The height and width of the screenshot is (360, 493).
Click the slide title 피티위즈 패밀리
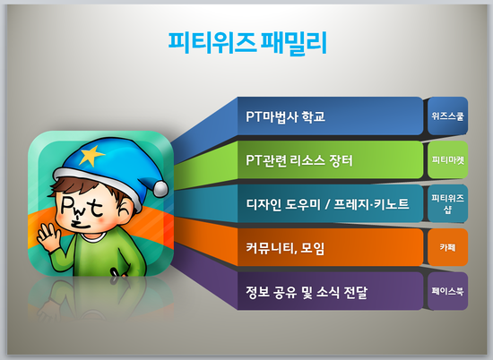pyautogui.click(x=247, y=43)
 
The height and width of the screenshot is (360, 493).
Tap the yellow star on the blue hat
pyautogui.click(x=91, y=155)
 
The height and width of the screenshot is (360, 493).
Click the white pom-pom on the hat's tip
pyautogui.click(x=160, y=190)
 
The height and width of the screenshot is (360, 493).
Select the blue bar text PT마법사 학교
pyautogui.click(x=285, y=116)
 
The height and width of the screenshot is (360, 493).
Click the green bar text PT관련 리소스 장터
pyautogui.click(x=299, y=160)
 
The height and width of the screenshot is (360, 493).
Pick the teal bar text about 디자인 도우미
pyautogui.click(x=327, y=204)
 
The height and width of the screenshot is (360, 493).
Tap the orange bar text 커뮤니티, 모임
pyautogui.click(x=285, y=248)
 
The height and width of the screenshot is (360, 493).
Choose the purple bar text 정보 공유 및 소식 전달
pyautogui.click(x=307, y=292)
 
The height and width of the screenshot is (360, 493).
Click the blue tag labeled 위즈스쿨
pyautogui.click(x=447, y=116)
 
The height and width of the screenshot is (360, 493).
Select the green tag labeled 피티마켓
pyautogui.click(x=447, y=160)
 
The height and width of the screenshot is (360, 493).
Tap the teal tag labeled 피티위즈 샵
pyautogui.click(x=447, y=203)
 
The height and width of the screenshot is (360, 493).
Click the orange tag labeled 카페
pyautogui.click(x=447, y=247)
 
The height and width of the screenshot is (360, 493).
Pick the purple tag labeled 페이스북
pyautogui.click(x=447, y=291)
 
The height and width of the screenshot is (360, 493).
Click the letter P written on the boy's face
pyautogui.click(x=67, y=206)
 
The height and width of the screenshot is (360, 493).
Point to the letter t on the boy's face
pyautogui.click(x=96, y=209)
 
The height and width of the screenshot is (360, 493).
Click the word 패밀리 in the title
pyautogui.click(x=294, y=43)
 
